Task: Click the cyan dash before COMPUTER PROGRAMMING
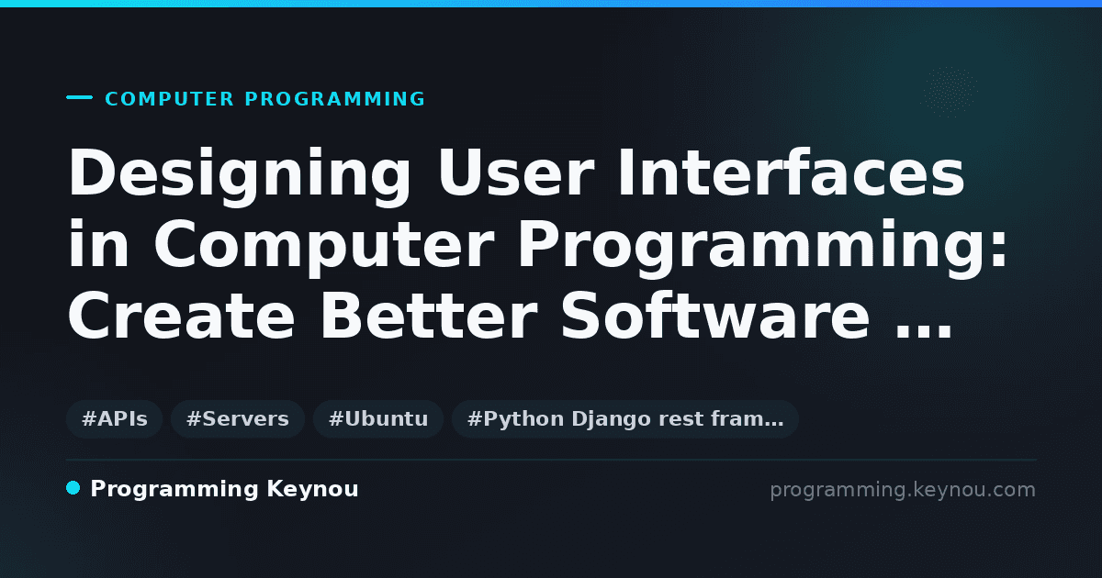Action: tap(79, 97)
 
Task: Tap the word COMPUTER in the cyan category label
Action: tap(170, 99)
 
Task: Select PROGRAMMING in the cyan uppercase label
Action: tap(334, 99)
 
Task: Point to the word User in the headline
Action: tap(516, 173)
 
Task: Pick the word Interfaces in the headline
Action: tap(792, 172)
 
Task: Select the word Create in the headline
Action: tap(182, 315)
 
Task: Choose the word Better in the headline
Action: tap(429, 315)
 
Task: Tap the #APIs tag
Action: tap(114, 419)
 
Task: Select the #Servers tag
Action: tap(238, 419)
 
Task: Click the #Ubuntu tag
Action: tap(378, 419)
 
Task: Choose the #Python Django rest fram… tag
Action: tap(624, 419)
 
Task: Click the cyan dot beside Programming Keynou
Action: tap(73, 488)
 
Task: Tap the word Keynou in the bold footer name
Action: tap(312, 490)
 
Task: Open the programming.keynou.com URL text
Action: tap(903, 490)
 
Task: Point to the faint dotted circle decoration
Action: tap(950, 92)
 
